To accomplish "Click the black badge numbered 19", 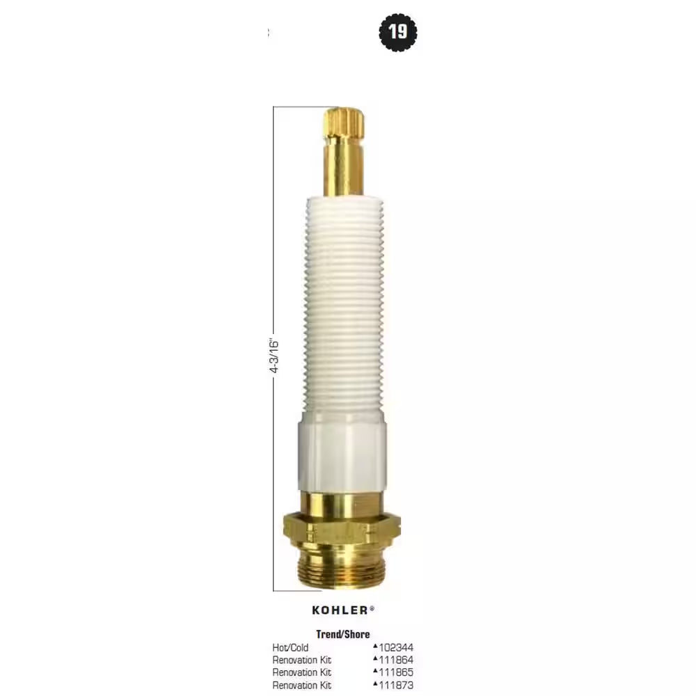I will click(398, 31).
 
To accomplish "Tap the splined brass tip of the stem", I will click(345, 122).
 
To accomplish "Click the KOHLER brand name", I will click(340, 610).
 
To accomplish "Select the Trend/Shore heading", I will click(343, 634).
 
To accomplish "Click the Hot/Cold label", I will click(290, 647).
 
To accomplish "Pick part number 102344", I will click(396, 647).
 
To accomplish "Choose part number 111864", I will click(396, 660).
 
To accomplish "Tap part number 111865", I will click(396, 672).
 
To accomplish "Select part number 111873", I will click(396, 686).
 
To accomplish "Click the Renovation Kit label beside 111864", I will click(301, 660).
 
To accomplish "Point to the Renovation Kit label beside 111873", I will click(301, 686).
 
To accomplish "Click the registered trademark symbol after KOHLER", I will click(372, 608).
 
